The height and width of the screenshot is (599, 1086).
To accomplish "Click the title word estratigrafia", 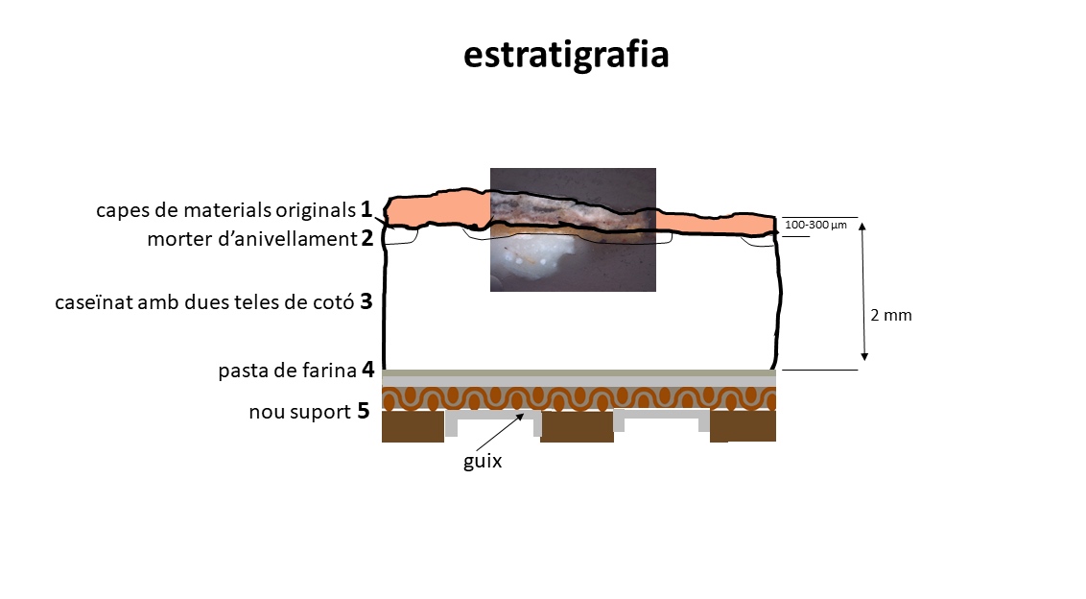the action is pyautogui.click(x=566, y=55).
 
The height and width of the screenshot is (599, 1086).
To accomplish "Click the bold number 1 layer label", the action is pyautogui.click(x=366, y=208).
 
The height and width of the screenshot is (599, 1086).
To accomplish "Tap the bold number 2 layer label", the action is pyautogui.click(x=367, y=238).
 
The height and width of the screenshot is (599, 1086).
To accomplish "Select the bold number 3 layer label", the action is pyautogui.click(x=366, y=300).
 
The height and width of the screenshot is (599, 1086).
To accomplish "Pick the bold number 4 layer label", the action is pyautogui.click(x=367, y=369).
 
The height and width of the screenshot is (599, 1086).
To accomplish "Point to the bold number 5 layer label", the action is pyautogui.click(x=364, y=411).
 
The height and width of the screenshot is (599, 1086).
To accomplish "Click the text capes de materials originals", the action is pyautogui.click(x=225, y=210).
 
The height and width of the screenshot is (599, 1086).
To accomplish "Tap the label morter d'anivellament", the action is pyautogui.click(x=252, y=239).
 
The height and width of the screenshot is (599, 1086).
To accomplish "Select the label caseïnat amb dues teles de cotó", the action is pyautogui.click(x=204, y=302).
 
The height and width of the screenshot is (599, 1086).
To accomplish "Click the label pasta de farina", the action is pyautogui.click(x=288, y=371).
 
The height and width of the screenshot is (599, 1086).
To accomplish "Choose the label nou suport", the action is pyautogui.click(x=300, y=412).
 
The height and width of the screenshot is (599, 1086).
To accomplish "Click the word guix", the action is pyautogui.click(x=483, y=462).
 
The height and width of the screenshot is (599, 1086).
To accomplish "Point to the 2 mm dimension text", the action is pyautogui.click(x=891, y=315).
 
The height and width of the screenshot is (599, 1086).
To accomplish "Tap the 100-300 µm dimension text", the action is pyautogui.click(x=815, y=225).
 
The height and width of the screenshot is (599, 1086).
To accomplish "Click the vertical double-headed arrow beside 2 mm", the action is pyautogui.click(x=863, y=292).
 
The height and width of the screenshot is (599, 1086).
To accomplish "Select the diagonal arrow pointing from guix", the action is pyautogui.click(x=500, y=432).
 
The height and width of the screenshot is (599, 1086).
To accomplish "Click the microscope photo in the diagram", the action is pyautogui.click(x=573, y=229).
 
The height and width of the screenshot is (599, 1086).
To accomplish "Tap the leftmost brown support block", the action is pyautogui.click(x=413, y=426).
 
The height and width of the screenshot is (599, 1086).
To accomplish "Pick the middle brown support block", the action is pyautogui.click(x=577, y=426).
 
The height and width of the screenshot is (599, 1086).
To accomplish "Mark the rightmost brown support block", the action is pyautogui.click(x=743, y=426).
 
